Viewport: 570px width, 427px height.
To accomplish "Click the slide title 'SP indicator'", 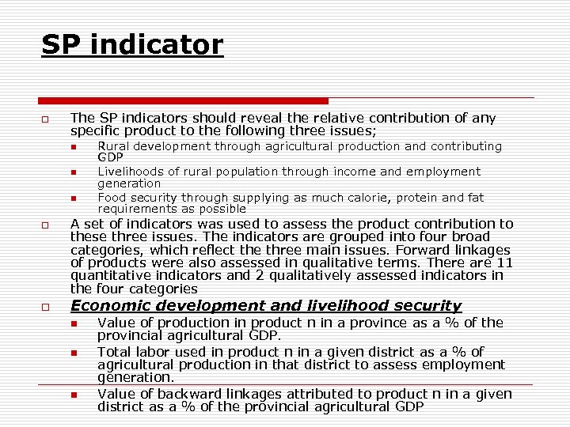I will [132, 44].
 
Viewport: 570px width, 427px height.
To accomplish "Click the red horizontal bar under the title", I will [184, 101].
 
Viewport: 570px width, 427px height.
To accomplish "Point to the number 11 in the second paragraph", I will [505, 263].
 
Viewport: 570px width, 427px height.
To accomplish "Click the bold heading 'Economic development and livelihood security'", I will [266, 306].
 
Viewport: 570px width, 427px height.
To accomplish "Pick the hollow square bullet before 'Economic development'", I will [45, 307].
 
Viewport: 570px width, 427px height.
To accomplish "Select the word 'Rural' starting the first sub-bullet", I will [112, 146].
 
